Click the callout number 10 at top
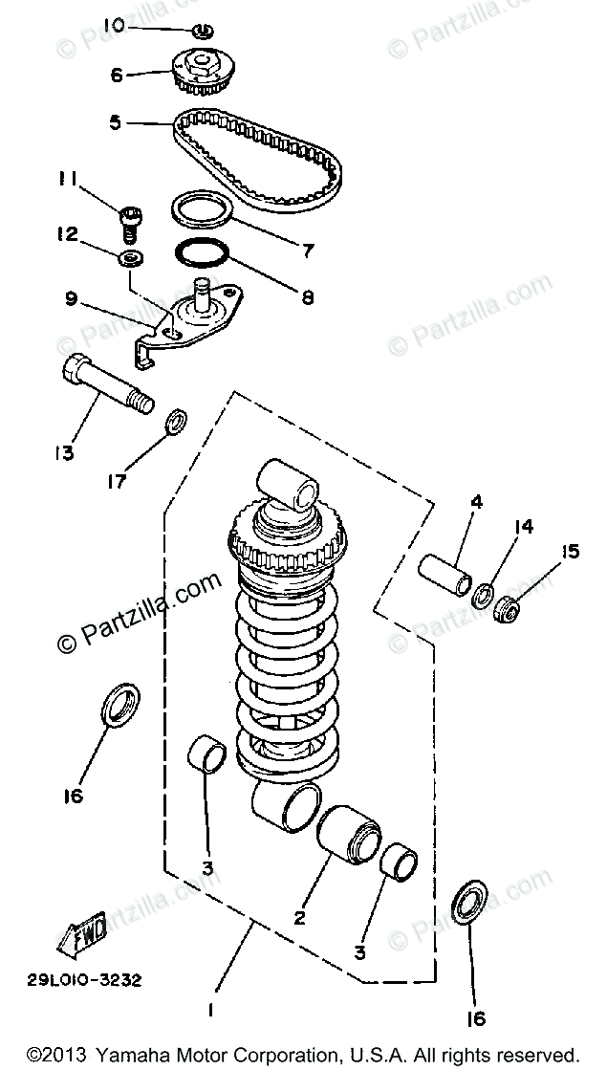tap(114, 24)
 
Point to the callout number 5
tap(115, 122)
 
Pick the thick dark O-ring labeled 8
tap(202, 256)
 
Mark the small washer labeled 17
tap(177, 421)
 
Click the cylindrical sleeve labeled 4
tap(444, 571)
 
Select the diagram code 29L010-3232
tap(84, 979)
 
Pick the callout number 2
tap(299, 919)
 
